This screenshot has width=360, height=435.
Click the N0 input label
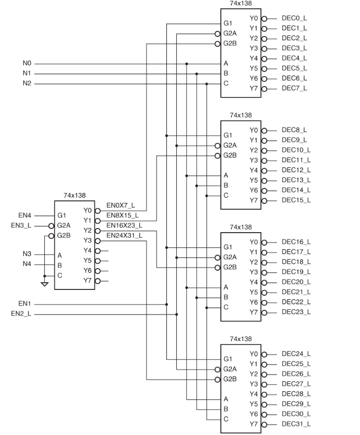27,64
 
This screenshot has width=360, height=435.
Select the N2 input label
27,83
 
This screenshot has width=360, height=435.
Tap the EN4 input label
25,215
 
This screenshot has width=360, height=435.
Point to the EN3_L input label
21,225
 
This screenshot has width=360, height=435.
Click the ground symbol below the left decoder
45,284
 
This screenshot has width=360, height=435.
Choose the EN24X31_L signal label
124,235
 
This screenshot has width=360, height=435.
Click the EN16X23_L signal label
124,225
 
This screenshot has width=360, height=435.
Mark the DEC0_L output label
294,18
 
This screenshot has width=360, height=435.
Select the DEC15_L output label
296,200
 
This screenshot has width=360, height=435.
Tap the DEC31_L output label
296,424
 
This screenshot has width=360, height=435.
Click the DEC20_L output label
296,282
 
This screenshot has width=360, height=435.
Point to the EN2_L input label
21,313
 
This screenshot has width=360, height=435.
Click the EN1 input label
25,304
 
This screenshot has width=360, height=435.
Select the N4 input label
27,264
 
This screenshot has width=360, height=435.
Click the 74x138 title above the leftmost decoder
75,195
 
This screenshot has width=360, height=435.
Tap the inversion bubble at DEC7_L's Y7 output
264,88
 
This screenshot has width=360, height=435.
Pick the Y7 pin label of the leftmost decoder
87,281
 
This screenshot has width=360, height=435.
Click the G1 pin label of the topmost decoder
227,23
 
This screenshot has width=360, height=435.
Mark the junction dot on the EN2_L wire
177,314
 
